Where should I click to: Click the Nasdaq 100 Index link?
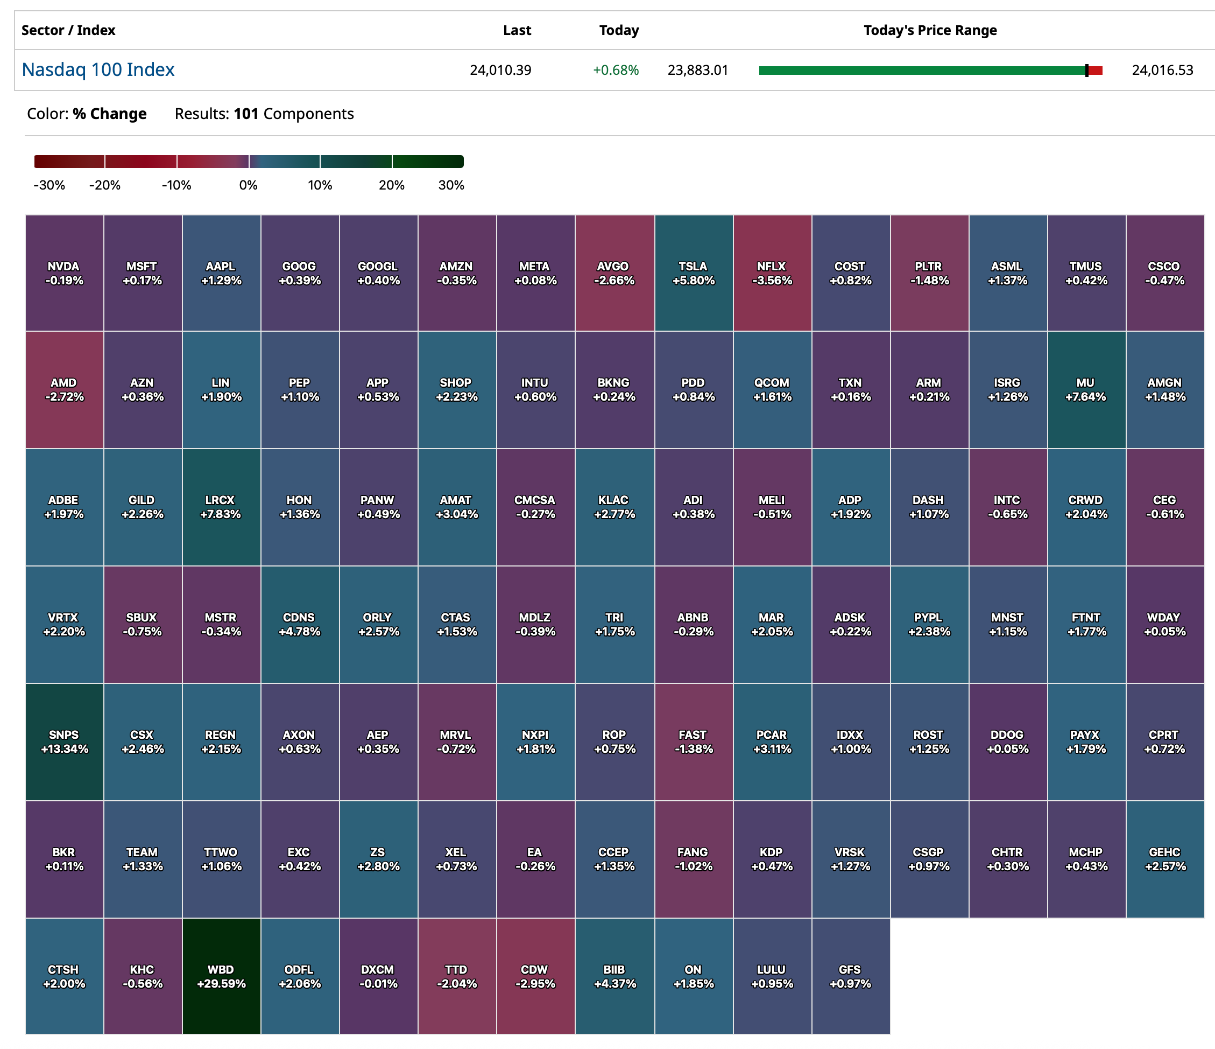click(x=98, y=70)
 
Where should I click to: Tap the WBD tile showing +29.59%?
click(x=221, y=976)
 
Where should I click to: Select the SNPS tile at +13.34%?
click(x=64, y=742)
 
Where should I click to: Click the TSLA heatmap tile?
click(x=693, y=273)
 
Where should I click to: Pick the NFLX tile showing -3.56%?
click(x=772, y=273)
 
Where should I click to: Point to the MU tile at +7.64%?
click(x=1086, y=389)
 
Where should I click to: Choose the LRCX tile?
click(x=221, y=507)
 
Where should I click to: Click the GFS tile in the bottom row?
click(x=850, y=976)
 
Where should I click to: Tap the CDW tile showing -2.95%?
click(x=535, y=976)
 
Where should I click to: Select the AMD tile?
click(x=64, y=389)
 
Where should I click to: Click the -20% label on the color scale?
click(x=105, y=185)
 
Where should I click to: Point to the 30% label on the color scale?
click(x=451, y=185)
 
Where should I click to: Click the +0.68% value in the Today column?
click(x=616, y=71)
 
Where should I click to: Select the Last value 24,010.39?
click(x=500, y=71)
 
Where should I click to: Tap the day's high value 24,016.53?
click(x=1162, y=71)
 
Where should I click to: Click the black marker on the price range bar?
click(x=1086, y=71)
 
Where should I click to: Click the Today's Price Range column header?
click(x=930, y=31)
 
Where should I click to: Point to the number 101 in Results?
click(x=246, y=114)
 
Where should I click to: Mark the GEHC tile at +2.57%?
click(x=1164, y=859)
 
